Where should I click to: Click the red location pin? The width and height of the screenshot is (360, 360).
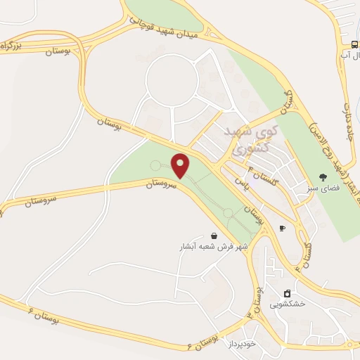(x=181, y=165)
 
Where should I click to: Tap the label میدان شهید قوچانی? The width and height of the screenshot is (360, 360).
(x=169, y=28)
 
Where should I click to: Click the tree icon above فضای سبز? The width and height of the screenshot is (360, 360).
(x=323, y=177)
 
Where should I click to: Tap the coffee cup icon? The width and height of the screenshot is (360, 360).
(x=282, y=228)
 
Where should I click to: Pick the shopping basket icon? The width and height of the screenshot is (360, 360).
(x=214, y=236)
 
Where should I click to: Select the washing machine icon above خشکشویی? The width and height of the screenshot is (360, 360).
(x=286, y=293)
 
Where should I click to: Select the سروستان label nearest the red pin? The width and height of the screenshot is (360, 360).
(x=162, y=182)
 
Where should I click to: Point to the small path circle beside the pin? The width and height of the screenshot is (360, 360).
(x=155, y=165)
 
